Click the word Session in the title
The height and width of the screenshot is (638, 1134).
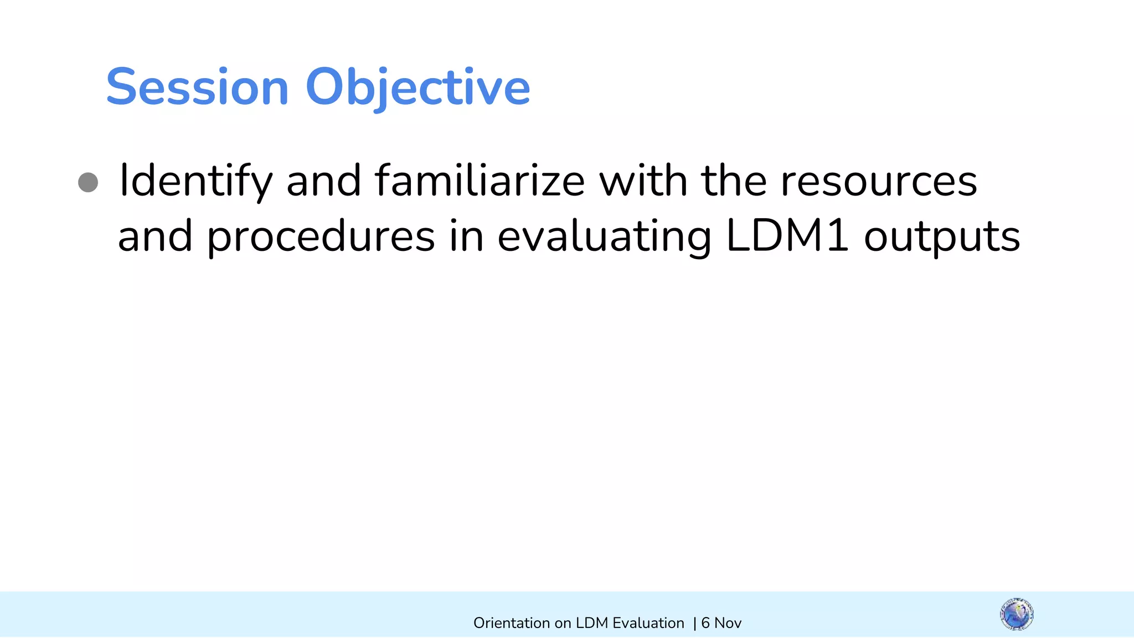(197, 87)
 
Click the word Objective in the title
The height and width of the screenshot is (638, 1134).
(417, 87)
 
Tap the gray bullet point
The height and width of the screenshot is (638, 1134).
(88, 182)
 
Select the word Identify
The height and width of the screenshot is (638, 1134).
(196, 181)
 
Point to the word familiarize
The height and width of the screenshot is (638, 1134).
(480, 181)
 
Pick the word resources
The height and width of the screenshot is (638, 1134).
(879, 181)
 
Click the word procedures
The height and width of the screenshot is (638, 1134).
(321, 236)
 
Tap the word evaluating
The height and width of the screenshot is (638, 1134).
(604, 236)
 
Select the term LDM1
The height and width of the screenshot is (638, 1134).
(786, 236)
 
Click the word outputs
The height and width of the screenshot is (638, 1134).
(942, 236)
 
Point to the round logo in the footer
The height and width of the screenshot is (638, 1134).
(1017, 614)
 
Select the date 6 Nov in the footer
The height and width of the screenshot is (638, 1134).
(721, 623)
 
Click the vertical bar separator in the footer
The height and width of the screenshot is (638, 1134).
(695, 623)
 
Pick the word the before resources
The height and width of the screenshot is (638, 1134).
(734, 181)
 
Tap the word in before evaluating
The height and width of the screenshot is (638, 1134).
(466, 236)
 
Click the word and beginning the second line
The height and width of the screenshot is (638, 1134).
(155, 236)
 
